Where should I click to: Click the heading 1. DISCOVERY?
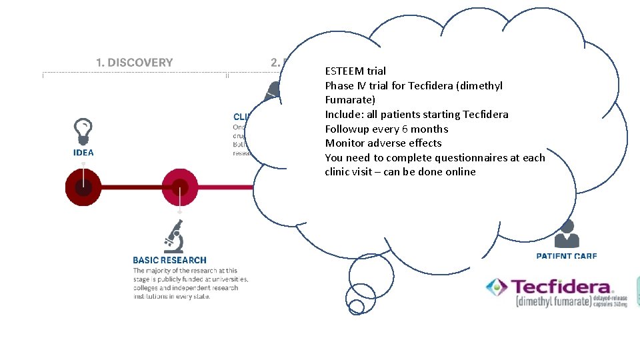(x=134, y=63)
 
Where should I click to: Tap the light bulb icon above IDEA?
(x=83, y=131)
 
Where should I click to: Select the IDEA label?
(x=83, y=153)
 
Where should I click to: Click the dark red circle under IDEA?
(x=83, y=188)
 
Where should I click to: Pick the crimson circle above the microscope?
(x=180, y=188)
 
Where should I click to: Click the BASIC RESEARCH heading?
(x=169, y=260)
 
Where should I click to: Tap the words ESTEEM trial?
(x=355, y=71)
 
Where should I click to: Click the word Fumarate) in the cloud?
(x=350, y=100)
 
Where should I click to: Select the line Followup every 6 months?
(x=386, y=129)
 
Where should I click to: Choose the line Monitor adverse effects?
(x=383, y=143)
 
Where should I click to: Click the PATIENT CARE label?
(x=567, y=255)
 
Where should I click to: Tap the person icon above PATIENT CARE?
(x=567, y=234)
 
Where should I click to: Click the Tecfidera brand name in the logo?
(x=561, y=287)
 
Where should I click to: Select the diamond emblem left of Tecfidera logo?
(x=497, y=288)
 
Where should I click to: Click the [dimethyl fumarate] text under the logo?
(x=553, y=301)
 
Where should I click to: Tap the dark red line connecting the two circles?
(x=131, y=188)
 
